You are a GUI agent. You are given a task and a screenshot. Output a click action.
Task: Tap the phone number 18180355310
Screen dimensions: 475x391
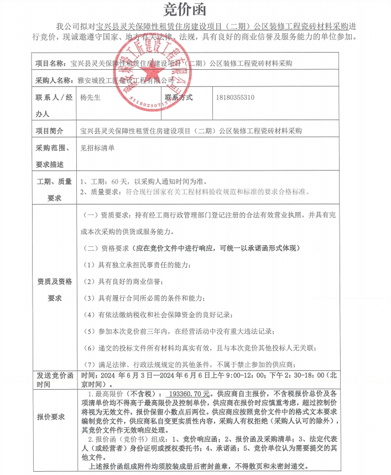[236, 97]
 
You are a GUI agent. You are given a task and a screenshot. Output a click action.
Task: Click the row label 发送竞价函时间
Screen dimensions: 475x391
[54, 379]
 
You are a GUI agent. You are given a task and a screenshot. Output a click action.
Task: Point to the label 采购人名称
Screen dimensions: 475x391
[54, 81]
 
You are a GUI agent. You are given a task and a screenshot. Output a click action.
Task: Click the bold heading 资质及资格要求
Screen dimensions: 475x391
[54, 289]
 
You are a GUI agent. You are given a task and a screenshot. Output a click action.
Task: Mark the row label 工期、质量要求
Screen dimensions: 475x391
[54, 189]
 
